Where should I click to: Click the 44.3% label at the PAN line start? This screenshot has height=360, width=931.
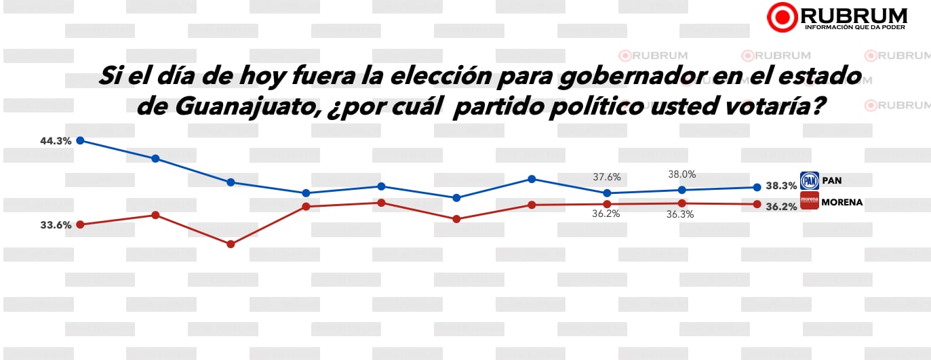pyautogui.click(x=56, y=142)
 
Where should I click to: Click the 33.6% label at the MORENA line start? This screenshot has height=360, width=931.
pyautogui.click(x=56, y=226)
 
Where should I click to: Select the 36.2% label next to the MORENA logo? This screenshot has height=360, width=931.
pyautogui.click(x=781, y=207)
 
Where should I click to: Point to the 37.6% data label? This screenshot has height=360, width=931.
pyautogui.click(x=607, y=177)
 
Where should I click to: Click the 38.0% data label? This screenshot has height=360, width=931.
pyautogui.click(x=681, y=174)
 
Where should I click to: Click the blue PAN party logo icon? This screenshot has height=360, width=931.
pyautogui.click(x=809, y=180)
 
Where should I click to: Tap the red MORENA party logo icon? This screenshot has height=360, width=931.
pyautogui.click(x=809, y=201)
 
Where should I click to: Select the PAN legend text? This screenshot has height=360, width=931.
pyautogui.click(x=832, y=181)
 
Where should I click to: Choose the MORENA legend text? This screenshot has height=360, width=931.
pyautogui.click(x=841, y=202)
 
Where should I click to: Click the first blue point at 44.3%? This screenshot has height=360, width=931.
pyautogui.click(x=80, y=140)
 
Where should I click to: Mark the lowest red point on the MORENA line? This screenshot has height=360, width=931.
pyautogui.click(x=231, y=244)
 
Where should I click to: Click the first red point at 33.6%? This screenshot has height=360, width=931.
pyautogui.click(x=80, y=224)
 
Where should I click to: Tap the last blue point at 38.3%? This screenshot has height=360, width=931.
pyautogui.click(x=757, y=187)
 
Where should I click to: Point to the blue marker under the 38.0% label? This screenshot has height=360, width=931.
pyautogui.click(x=682, y=190)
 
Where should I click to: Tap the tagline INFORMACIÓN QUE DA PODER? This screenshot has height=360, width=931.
pyautogui.click(x=856, y=27)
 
